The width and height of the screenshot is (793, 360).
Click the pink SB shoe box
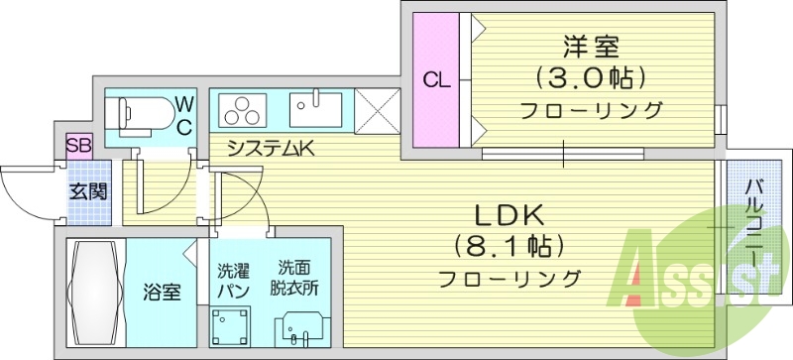78,146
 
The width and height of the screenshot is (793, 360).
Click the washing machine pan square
231,325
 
